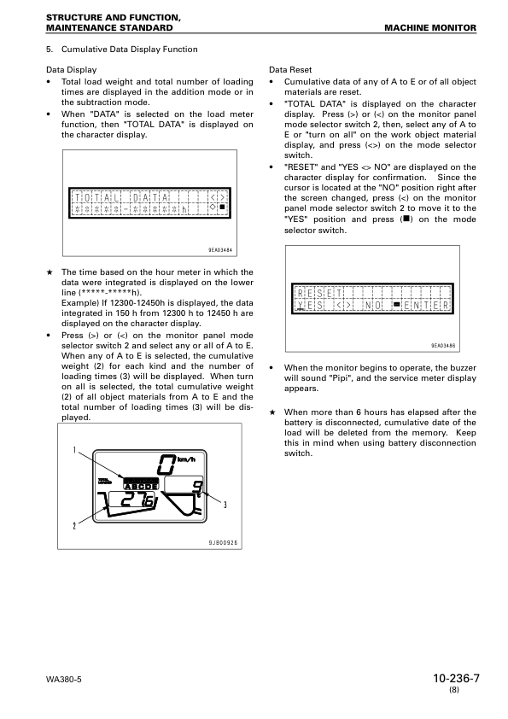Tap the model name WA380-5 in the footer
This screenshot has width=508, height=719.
[65, 681]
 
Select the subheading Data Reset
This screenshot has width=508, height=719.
[290, 70]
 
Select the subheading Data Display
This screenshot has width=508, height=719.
[70, 70]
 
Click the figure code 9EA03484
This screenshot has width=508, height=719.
[220, 250]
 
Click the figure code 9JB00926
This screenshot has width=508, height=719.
[223, 542]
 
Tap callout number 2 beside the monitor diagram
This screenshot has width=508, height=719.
[74, 525]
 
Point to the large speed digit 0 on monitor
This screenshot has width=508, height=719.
[166, 465]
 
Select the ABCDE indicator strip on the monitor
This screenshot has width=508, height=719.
[141, 487]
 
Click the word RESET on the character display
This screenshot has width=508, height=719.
[319, 291]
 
